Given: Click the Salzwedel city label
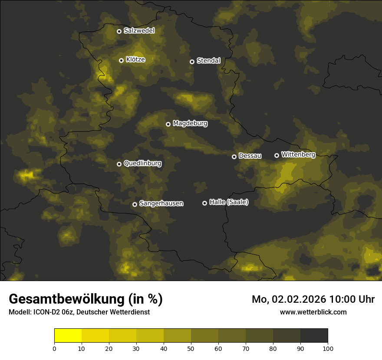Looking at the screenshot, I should [139, 31].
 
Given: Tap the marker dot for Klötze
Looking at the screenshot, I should [121, 60].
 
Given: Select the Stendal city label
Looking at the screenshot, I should [208, 61].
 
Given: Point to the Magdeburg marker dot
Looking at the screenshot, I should [168, 124].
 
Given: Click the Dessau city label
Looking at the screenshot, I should [250, 156].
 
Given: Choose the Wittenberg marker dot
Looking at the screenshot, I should [277, 155].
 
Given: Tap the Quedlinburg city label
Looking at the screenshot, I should [142, 164].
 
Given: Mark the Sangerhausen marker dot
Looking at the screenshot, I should [135, 204].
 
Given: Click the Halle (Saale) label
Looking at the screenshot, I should [229, 202].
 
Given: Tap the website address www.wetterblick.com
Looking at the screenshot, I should [313, 312].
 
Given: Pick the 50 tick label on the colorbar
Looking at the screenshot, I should [191, 348].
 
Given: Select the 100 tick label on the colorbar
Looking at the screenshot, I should [328, 348].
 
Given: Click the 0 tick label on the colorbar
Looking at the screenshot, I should [54, 348].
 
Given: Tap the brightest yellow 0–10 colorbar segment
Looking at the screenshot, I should [68, 336].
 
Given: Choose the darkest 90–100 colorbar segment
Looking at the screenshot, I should [314, 336].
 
